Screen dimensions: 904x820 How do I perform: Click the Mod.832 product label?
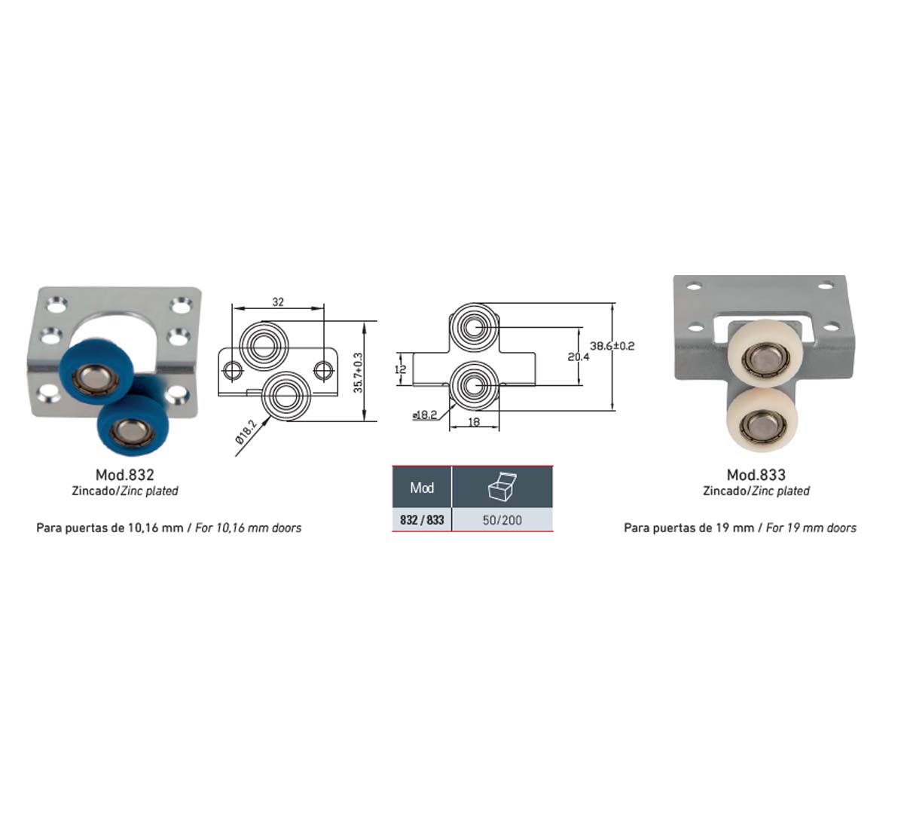pyautogui.click(x=125, y=475)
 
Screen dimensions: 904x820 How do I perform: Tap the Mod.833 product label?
pyautogui.click(x=756, y=475)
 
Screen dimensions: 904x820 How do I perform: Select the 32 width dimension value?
pyautogui.click(x=278, y=301)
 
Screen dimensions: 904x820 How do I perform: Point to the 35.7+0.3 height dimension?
pyautogui.click(x=358, y=372)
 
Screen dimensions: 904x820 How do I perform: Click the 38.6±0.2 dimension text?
pyautogui.click(x=612, y=346)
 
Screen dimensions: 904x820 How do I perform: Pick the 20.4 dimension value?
pyautogui.click(x=578, y=356)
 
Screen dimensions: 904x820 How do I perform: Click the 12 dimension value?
pyautogui.click(x=400, y=369)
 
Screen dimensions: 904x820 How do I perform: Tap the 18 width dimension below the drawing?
pyautogui.click(x=474, y=422)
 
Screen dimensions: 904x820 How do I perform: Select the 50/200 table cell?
pyautogui.click(x=502, y=520)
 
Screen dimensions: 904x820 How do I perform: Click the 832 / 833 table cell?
pyautogui.click(x=422, y=520)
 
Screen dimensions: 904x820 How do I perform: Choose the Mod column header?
pyautogui.click(x=422, y=488)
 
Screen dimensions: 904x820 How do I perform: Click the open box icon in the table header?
pyautogui.click(x=502, y=487)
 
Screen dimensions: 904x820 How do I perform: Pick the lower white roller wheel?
pyautogui.click(x=762, y=420)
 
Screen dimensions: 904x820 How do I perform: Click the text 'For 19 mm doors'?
pyautogui.click(x=811, y=528)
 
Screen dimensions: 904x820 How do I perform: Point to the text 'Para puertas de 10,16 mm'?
pyautogui.click(x=110, y=528)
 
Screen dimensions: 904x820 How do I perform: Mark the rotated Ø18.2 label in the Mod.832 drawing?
pyautogui.click(x=246, y=432)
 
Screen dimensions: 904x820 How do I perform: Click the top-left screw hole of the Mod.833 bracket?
pyautogui.click(x=695, y=286)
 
